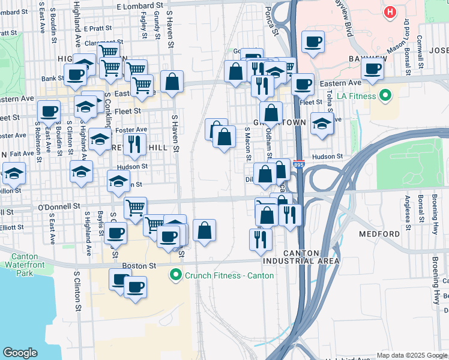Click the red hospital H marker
[x=391, y=11]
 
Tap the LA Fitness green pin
[x=385, y=95]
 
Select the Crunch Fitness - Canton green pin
[x=175, y=275]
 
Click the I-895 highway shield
[x=299, y=163]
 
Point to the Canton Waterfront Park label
[x=24, y=265]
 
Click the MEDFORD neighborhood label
[x=379, y=233]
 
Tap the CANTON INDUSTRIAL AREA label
[x=301, y=257]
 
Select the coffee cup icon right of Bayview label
[x=372, y=68]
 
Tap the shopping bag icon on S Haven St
[x=172, y=82]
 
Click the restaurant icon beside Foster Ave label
[x=134, y=144]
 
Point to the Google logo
[x=20, y=353]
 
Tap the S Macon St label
[x=247, y=144]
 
